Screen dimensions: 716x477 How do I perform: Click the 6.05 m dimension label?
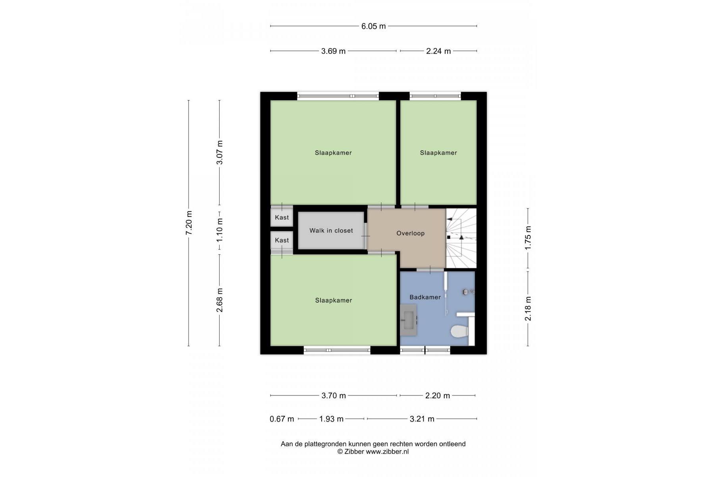click(373, 26)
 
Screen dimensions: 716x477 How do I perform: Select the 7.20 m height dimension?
click(189, 223)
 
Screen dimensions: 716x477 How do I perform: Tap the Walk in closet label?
click(331, 231)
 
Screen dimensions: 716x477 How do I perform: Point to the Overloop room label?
click(410, 233)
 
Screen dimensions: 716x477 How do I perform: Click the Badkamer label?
click(425, 297)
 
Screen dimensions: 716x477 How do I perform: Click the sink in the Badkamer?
click(408, 320)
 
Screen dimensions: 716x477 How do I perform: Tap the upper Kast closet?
click(282, 217)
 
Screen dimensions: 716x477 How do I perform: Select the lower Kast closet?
click(282, 240)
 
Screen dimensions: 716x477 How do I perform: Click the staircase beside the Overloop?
click(461, 238)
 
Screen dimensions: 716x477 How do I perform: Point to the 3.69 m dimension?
click(333, 51)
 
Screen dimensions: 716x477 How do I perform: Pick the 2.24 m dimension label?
click(438, 51)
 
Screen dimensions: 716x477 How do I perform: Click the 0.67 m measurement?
click(282, 419)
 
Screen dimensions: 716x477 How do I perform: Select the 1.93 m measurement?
click(331, 419)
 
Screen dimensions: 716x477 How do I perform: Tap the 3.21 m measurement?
click(422, 419)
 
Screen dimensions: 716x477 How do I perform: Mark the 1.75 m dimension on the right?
click(528, 238)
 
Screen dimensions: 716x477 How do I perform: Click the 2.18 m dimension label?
click(528, 308)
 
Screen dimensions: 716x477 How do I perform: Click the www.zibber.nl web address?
click(387, 452)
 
